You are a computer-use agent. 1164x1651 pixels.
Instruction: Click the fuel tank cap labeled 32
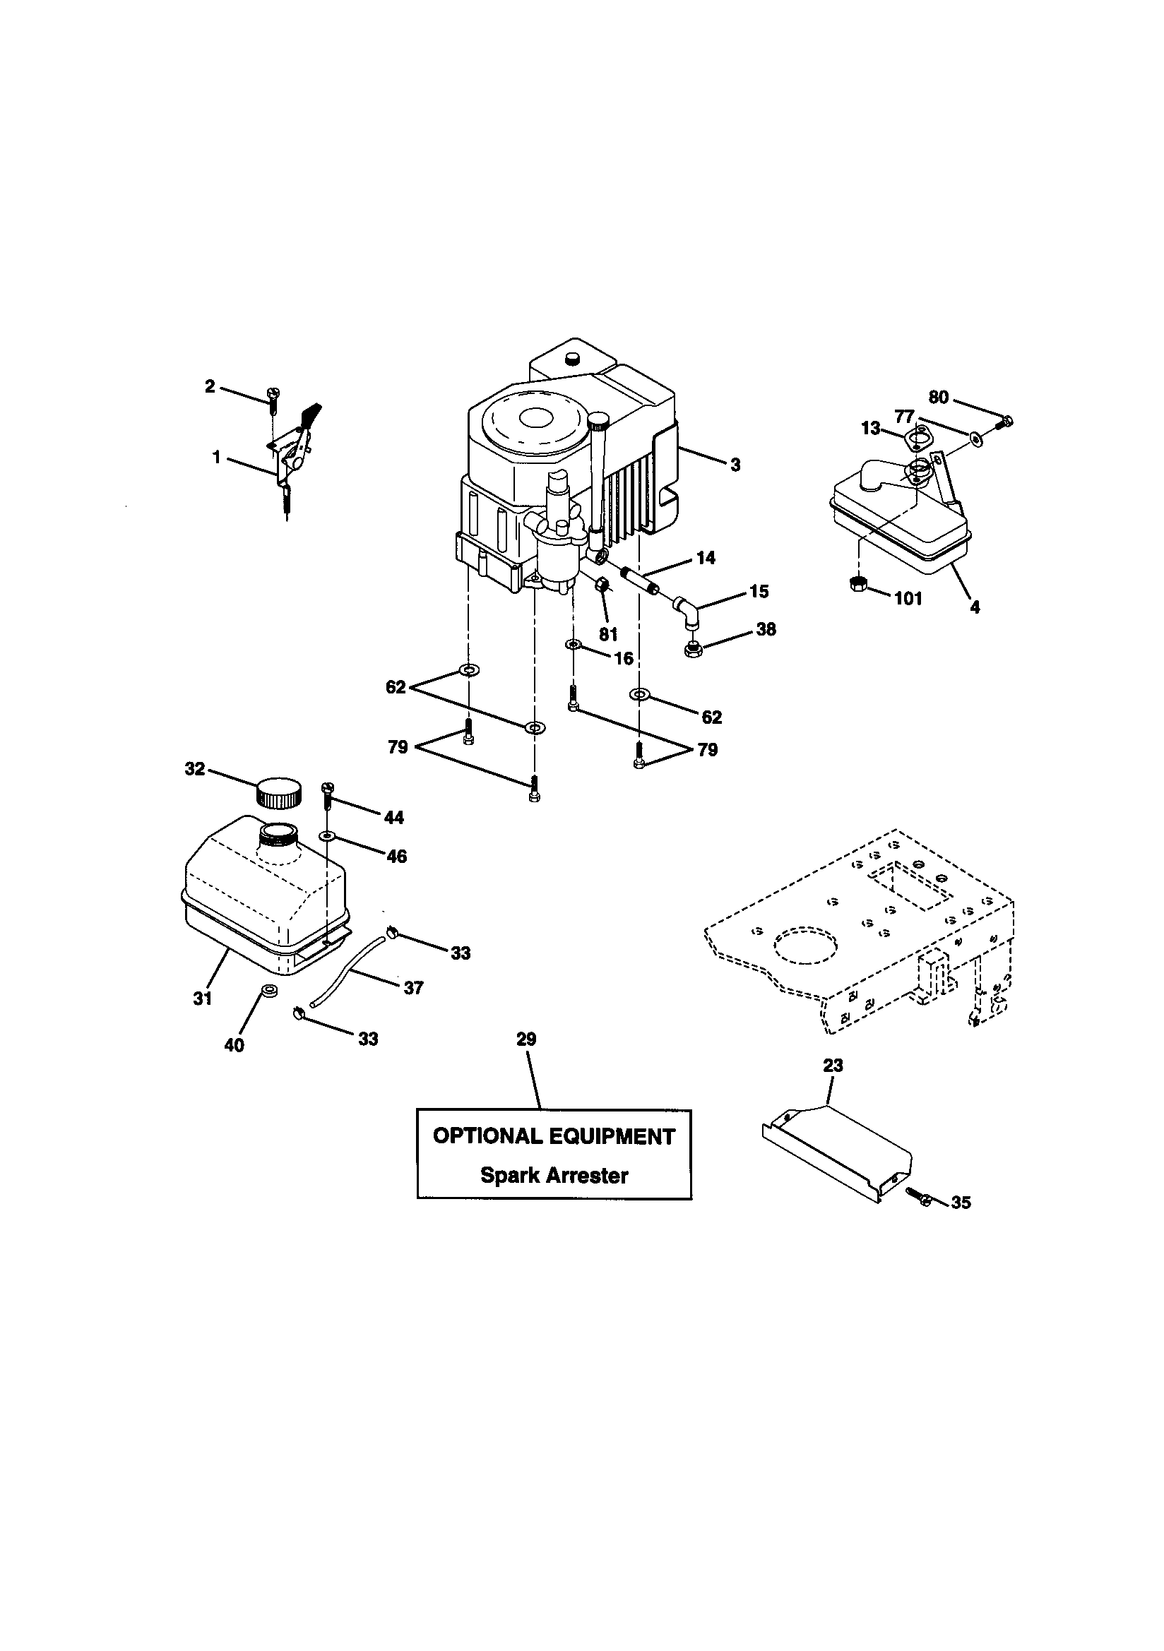pyautogui.click(x=279, y=792)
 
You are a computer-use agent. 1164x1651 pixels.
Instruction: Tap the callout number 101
pyautogui.click(x=908, y=599)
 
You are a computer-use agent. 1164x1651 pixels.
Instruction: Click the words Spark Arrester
pyautogui.click(x=554, y=1176)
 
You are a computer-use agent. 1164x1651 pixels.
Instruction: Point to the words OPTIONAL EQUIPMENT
pyautogui.click(x=554, y=1136)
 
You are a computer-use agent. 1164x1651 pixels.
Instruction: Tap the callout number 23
pyautogui.click(x=832, y=1065)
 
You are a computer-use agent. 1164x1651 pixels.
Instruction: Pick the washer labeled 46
pyautogui.click(x=327, y=835)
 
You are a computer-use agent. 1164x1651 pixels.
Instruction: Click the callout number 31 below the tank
pyautogui.click(x=203, y=998)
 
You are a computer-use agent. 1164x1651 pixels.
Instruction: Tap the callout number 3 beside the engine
pyautogui.click(x=735, y=465)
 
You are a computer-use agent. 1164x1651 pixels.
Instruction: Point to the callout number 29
pyautogui.click(x=526, y=1039)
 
